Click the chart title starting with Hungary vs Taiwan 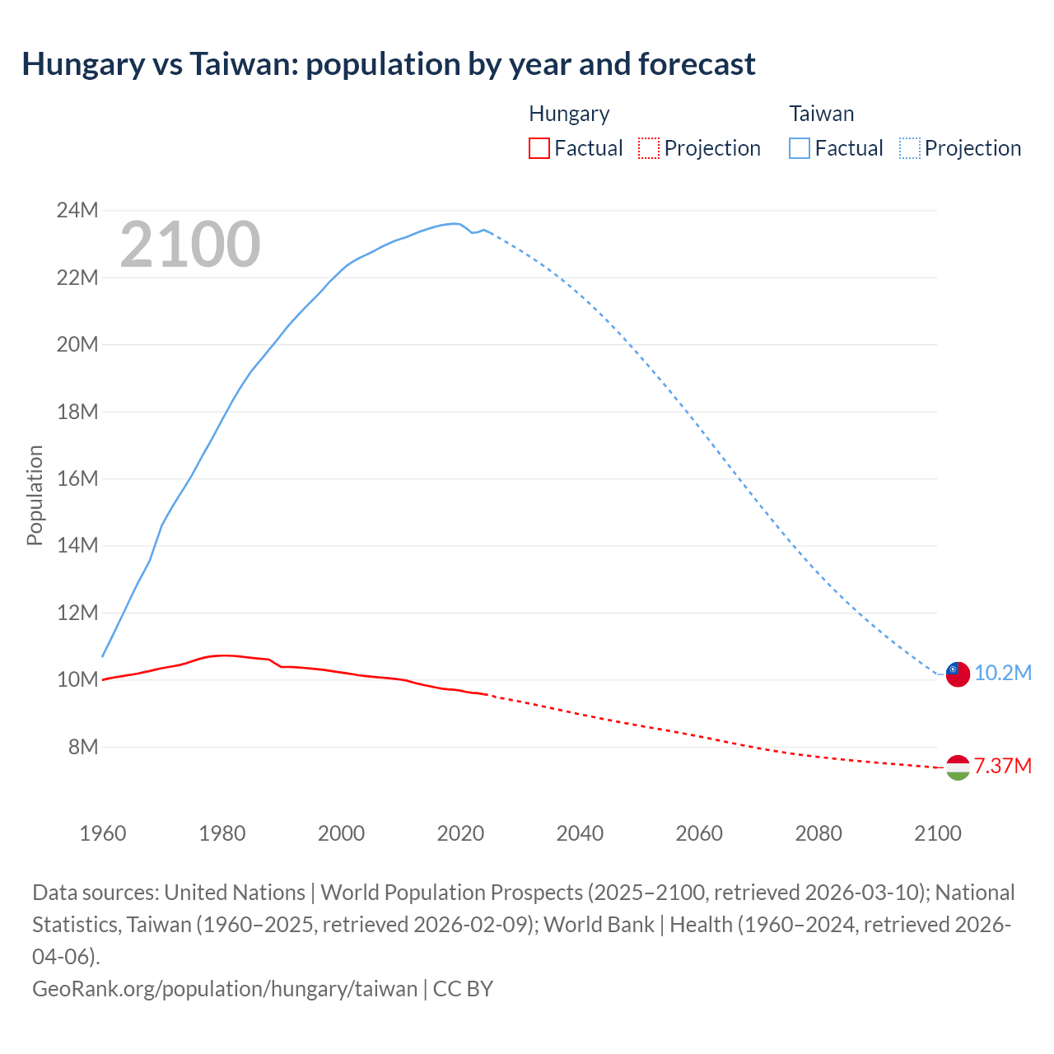pos(388,64)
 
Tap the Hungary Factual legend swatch pos(539,148)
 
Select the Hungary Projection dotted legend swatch pos(649,148)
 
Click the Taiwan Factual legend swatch pos(799,148)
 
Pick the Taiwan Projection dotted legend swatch pos(909,148)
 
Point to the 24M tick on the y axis pos(77,211)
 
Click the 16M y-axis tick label pos(77,478)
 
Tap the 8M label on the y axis pos(83,747)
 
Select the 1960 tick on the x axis pos(103,833)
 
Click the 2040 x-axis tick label pos(580,833)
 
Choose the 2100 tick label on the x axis pos(938,833)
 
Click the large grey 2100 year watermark pos(190,245)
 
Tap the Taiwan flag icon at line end pos(958,674)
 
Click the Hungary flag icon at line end pos(958,767)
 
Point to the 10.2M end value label pos(1003,674)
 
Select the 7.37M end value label pos(1003,767)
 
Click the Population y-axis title pos(35,495)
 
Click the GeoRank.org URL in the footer pos(225,988)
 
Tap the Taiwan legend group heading pos(821,114)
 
